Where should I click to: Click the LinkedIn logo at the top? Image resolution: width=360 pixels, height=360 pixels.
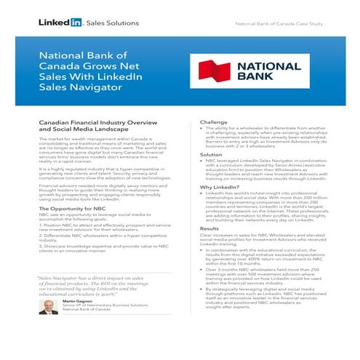[x=54, y=23]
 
